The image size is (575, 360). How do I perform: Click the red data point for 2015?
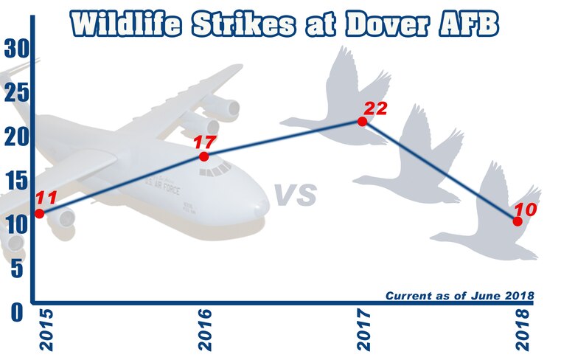click(39, 213)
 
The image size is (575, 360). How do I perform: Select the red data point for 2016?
click(204, 156)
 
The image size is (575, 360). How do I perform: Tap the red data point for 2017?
click(362, 121)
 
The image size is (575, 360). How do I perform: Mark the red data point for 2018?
click(517, 221)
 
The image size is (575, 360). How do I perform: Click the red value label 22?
click(375, 108)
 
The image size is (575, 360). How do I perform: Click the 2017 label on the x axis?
click(362, 332)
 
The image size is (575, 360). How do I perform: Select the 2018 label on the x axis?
click(520, 332)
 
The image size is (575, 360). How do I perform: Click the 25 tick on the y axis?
click(15, 94)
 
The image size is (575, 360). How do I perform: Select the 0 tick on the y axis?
click(15, 313)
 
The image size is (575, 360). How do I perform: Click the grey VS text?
click(296, 196)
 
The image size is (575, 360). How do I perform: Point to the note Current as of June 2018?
click(459, 296)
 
